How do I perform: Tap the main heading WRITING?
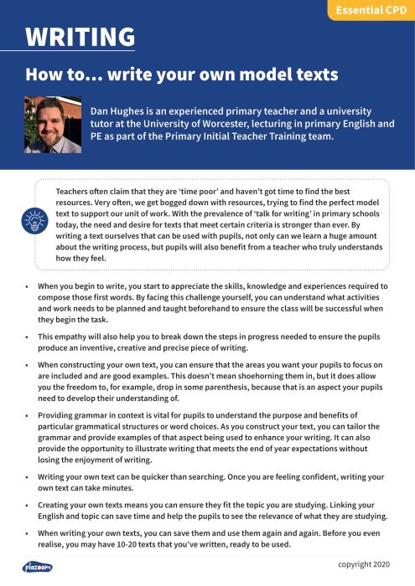pos(80,37)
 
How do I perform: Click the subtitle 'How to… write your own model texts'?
pos(181,74)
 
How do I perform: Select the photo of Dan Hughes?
pos(53,124)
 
